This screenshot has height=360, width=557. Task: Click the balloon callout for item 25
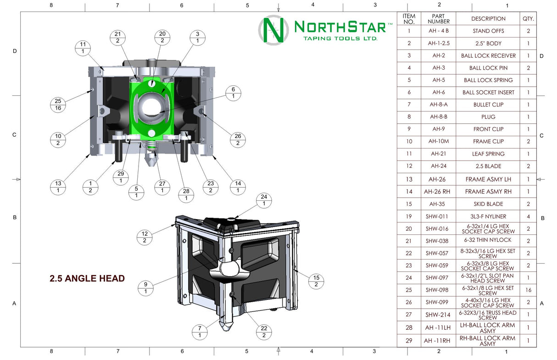coord(58,105)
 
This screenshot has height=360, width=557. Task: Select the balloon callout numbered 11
coord(83,48)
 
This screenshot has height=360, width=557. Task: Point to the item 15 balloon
coord(316,281)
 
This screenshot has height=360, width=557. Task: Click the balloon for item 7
coord(200,332)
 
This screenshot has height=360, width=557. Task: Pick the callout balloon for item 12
coord(145,237)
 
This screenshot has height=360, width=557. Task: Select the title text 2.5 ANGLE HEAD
coord(87,278)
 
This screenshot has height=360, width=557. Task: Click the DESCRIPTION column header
coord(488,19)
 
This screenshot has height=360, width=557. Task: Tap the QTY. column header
coord(528,19)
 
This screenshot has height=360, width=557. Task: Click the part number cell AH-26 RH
coord(438,192)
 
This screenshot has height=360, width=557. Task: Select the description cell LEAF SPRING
coord(488,154)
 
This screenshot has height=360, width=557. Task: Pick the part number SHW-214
coord(438,315)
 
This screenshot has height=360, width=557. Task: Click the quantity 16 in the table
coord(528,290)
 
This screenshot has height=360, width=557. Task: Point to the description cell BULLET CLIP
coord(488,105)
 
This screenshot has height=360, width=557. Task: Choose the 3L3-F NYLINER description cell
coord(488,216)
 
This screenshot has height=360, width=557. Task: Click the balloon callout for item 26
coord(238,140)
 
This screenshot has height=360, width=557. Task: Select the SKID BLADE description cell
coord(488,204)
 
